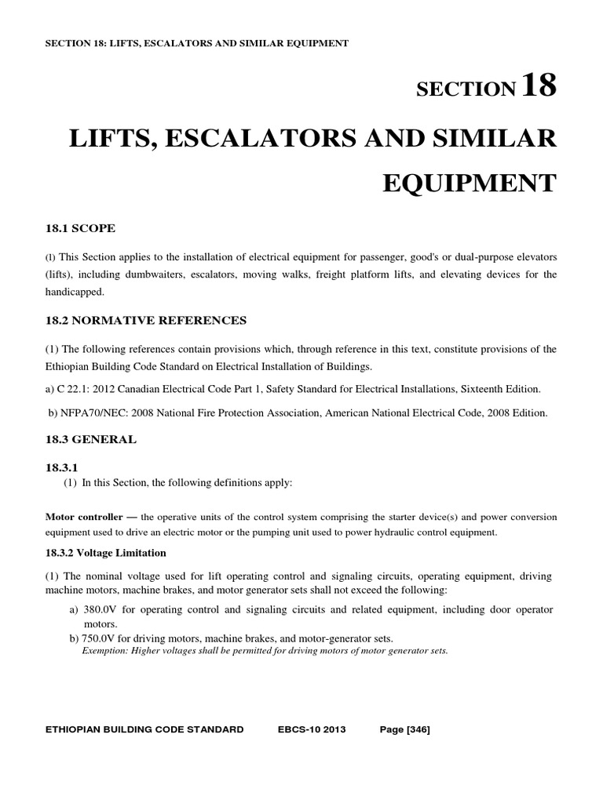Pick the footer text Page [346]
(404, 729)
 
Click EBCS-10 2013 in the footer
(312, 729)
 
